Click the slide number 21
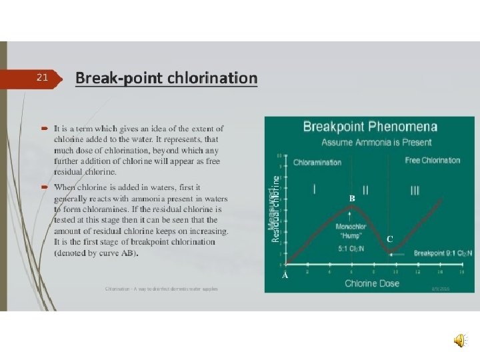coord(42,78)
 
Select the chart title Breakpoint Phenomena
coord(370,127)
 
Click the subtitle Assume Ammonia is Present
coord(376,142)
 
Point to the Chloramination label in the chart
coord(317,162)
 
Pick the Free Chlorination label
coord(432,161)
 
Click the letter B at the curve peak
coord(353,199)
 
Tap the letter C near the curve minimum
coord(390,239)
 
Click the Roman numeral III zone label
coord(415,191)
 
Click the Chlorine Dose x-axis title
coord(372,283)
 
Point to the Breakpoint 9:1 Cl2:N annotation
coord(442,253)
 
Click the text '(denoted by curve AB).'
coord(97,254)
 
